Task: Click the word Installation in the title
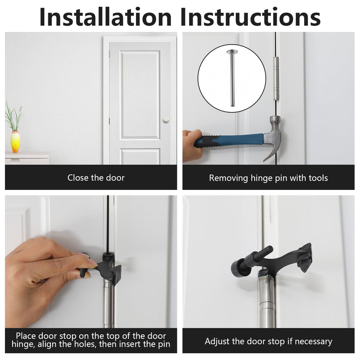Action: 106,17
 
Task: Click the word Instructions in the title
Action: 250,17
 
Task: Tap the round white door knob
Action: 166,119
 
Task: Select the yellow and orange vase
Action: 15,141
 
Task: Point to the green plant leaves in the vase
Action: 14,116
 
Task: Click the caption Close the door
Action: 96,178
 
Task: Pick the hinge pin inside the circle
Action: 231,78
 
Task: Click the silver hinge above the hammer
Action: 276,78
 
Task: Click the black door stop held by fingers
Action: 101,267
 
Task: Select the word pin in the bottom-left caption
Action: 163,344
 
